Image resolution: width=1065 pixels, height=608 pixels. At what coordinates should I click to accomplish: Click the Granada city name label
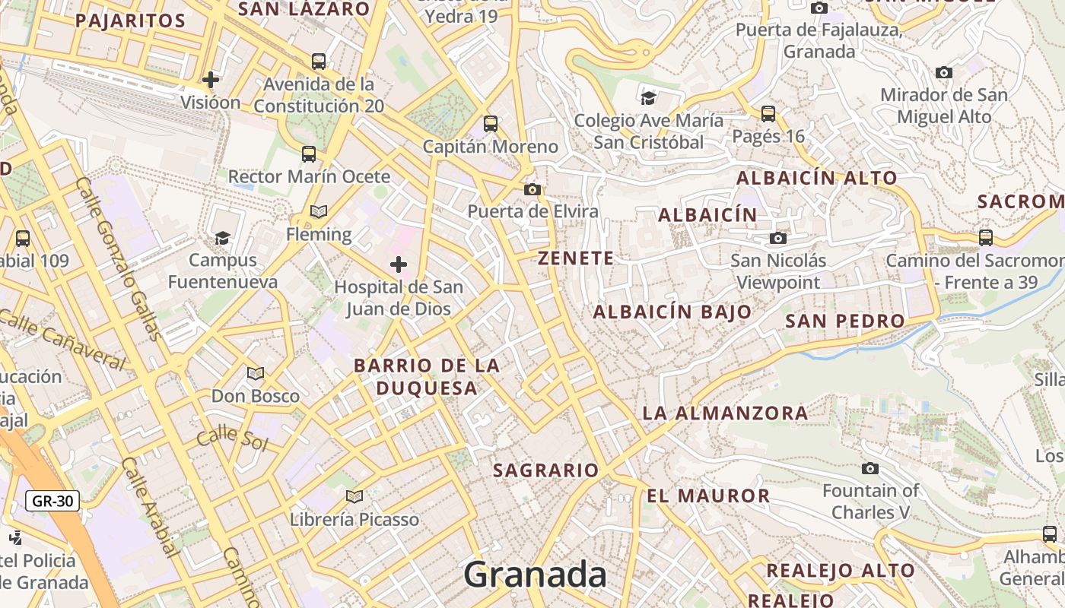coord(535,575)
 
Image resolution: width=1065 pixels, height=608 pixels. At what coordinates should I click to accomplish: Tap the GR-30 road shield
coord(52,501)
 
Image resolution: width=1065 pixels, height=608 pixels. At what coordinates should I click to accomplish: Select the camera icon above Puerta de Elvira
coord(532,189)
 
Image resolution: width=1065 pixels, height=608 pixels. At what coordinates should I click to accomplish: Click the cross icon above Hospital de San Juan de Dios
coord(398,264)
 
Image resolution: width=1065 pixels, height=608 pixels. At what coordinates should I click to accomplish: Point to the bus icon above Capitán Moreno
coord(491,123)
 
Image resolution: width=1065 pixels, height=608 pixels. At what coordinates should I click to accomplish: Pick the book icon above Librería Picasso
coord(354,496)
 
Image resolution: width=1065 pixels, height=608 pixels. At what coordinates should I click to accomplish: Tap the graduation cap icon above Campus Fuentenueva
coord(222,238)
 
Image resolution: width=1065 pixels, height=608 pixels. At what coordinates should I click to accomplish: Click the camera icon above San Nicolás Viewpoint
coord(777,238)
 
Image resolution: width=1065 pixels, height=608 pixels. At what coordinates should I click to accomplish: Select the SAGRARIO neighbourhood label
coord(546,470)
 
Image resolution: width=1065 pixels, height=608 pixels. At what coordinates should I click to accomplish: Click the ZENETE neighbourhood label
coord(576,258)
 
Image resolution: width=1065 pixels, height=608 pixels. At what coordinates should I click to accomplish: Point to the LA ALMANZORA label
coord(725,413)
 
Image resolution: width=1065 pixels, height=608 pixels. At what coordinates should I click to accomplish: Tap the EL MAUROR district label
coord(708,496)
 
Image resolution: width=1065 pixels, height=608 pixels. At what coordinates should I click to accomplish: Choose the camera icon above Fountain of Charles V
coord(870,468)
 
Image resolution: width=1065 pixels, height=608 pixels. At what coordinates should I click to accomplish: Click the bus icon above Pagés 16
coord(768,114)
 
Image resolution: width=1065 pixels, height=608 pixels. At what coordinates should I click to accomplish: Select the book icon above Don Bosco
coord(256,373)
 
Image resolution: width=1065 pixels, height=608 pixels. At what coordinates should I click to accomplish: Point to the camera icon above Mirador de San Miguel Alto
coord(944,72)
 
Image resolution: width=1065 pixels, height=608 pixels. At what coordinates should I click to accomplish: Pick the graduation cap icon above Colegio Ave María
coord(648,97)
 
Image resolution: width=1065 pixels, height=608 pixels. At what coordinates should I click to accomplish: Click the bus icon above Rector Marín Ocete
coord(309,154)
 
